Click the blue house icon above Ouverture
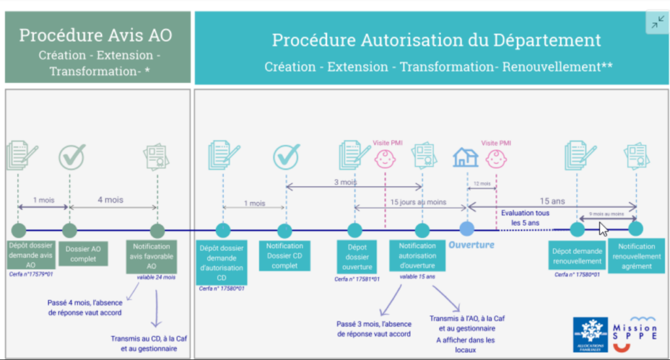pos(466,157)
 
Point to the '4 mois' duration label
pos(109,200)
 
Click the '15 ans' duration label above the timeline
pos(552,201)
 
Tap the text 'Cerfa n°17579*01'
pos(31,274)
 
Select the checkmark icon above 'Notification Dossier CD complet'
pos(286,156)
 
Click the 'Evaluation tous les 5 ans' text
pos(525,217)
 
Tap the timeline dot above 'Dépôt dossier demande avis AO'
pos(18,230)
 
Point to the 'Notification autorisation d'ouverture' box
pos(421,256)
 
